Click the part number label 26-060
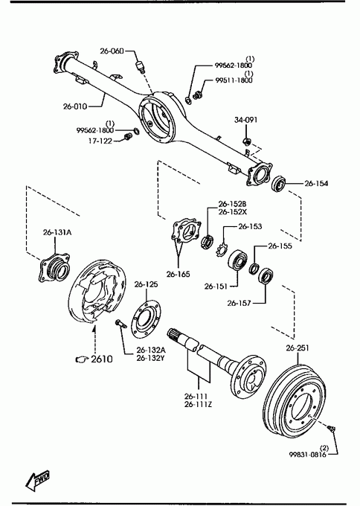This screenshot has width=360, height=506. coord(112,51)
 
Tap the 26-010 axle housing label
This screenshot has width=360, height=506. coord(75,106)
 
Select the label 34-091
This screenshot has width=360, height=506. coord(245,120)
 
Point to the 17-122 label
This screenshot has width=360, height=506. coord(100,141)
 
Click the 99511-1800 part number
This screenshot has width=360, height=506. coord(234,80)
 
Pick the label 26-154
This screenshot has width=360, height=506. coord(316,183)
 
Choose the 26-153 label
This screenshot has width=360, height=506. coord(250,226)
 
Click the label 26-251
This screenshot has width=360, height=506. coord(298,348)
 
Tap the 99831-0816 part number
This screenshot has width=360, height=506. coord(307,455)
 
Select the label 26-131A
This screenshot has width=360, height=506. coord(57,232)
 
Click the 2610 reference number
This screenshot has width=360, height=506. coord(102,359)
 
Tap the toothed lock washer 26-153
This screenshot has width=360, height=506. coord(222,250)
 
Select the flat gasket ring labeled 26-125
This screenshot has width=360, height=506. coord(147,319)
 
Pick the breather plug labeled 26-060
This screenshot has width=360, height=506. coord(140,66)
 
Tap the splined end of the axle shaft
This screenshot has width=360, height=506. coord(173,334)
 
